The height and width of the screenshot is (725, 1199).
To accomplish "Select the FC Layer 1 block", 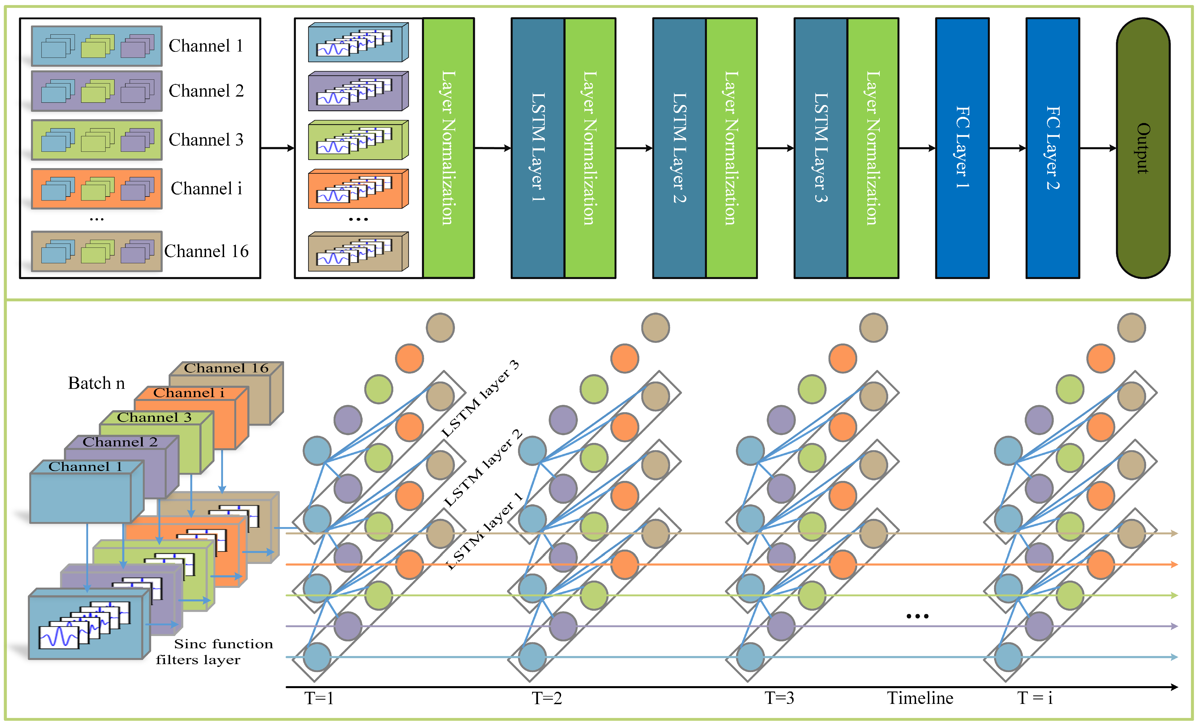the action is (x=962, y=148).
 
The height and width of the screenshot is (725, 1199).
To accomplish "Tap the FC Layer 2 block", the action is (x=1053, y=148).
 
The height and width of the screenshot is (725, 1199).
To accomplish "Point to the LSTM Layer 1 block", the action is (x=538, y=148).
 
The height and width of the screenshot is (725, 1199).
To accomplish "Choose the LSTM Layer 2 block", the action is (x=679, y=148).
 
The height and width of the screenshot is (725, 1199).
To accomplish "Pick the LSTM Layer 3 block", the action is (x=821, y=148).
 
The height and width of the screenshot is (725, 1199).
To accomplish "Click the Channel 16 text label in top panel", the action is (x=206, y=251).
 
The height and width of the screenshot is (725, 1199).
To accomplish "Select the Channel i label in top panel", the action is (x=206, y=188).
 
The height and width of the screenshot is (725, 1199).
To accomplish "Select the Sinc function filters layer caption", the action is (x=215, y=652).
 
